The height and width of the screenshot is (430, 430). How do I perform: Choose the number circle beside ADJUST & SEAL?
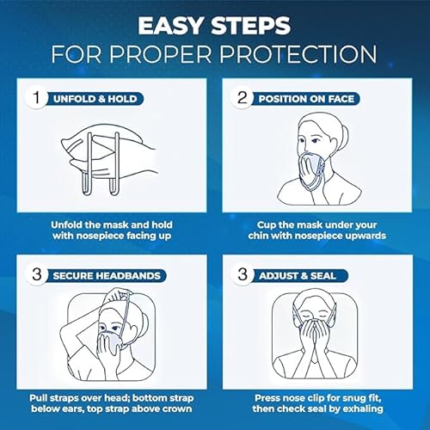[242, 277]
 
